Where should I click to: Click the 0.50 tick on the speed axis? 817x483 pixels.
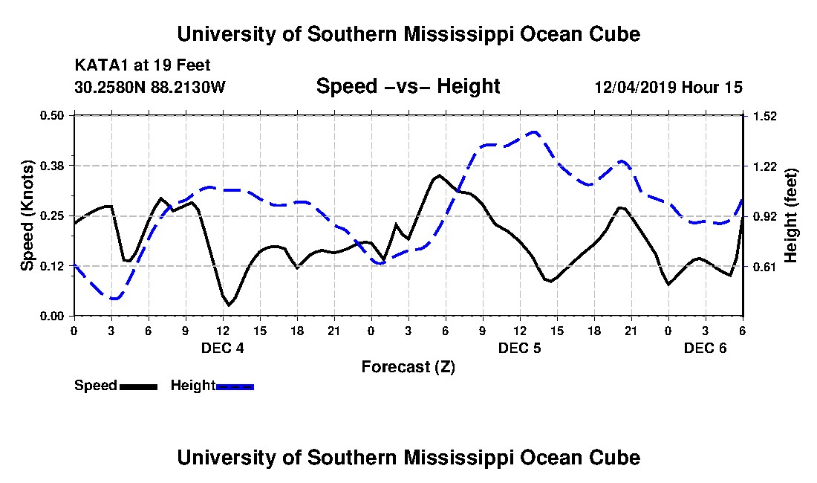tap(53, 115)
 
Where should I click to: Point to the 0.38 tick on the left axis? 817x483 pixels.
tap(53, 166)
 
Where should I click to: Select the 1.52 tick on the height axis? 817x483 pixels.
tap(765, 116)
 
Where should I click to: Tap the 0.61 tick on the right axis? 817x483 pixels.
tap(765, 267)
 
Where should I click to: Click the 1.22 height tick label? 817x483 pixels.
tap(765, 166)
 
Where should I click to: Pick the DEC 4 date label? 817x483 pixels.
tap(222, 348)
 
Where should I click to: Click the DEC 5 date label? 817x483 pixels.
tap(519, 348)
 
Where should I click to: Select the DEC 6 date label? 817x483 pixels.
tap(705, 348)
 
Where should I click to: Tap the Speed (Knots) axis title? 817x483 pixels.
tap(27, 215)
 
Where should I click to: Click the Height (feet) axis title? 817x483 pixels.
tap(792, 215)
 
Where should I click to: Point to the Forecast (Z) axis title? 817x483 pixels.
tap(408, 366)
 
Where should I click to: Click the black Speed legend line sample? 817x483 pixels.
tap(137, 386)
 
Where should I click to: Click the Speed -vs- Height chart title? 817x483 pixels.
tap(408, 87)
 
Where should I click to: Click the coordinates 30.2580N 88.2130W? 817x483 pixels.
tap(149, 87)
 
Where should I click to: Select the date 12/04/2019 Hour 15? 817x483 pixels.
tap(668, 87)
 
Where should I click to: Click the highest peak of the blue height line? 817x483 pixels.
tap(534, 132)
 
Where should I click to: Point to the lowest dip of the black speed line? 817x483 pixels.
tap(230, 305)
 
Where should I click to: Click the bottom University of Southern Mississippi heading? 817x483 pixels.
tap(408, 458)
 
